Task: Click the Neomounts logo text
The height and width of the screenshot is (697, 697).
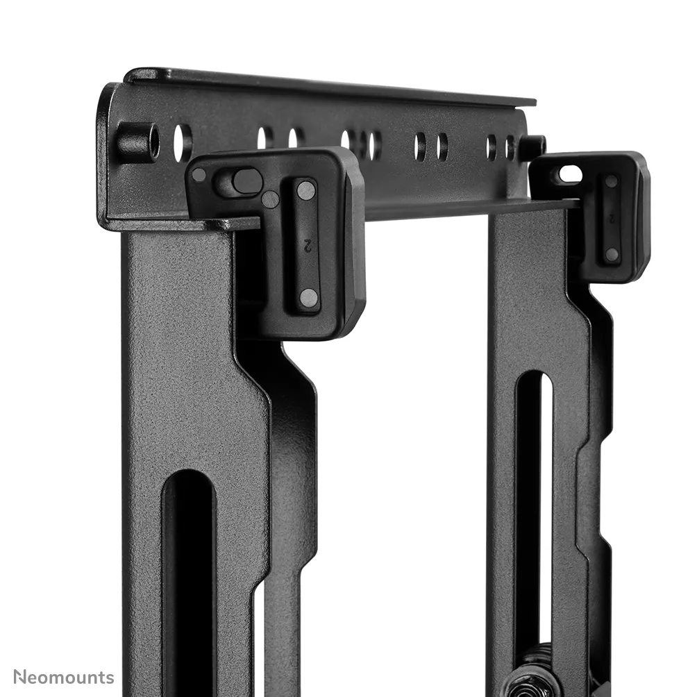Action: click(63, 677)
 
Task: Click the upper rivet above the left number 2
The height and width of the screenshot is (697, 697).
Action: click(306, 190)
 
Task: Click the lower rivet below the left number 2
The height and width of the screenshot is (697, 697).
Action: click(308, 299)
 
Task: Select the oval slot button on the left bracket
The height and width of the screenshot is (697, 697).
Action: click(246, 181)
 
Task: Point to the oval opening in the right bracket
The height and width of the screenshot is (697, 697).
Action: click(571, 174)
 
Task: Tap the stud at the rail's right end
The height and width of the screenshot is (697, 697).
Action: click(533, 146)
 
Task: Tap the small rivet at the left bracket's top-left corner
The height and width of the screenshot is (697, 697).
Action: click(199, 175)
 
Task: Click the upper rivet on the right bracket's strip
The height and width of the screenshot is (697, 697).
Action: click(611, 182)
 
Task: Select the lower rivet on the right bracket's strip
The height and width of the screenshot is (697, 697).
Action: click(612, 254)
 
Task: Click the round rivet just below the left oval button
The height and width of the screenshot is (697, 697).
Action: click(270, 200)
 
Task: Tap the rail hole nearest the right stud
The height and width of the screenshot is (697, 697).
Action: click(510, 147)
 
